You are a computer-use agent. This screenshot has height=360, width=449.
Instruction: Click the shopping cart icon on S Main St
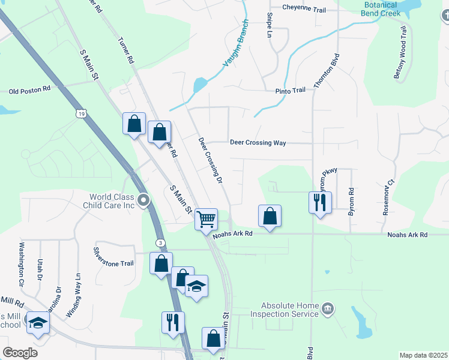tap(206, 220)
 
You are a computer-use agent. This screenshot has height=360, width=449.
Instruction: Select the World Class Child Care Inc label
tap(112, 200)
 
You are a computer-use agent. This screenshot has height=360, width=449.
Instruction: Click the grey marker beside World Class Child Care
tap(143, 200)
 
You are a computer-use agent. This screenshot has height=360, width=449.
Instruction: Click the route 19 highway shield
tap(81, 113)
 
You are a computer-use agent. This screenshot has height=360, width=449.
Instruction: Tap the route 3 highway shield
tap(160, 242)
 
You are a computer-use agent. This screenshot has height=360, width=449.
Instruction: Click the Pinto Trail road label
tap(291, 90)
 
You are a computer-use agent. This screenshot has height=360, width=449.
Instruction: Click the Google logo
tap(20, 353)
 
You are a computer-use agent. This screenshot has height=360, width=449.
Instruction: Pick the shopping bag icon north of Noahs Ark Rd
tap(270, 216)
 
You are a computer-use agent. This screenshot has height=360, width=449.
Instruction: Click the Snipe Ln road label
tap(270, 25)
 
